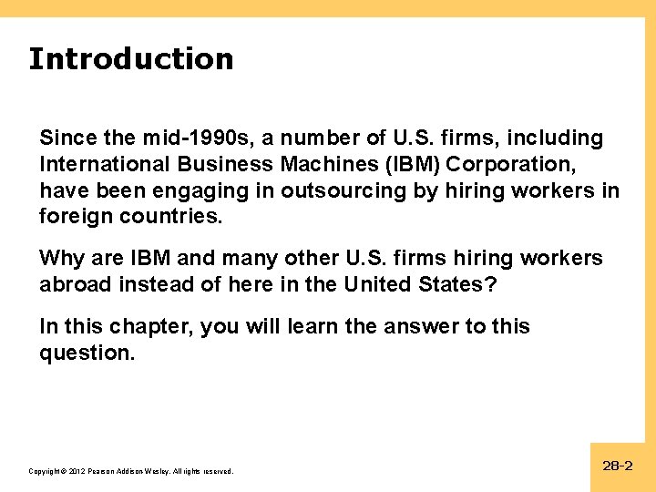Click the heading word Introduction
[130, 59]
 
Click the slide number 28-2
[617, 466]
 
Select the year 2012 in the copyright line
[75, 471]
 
